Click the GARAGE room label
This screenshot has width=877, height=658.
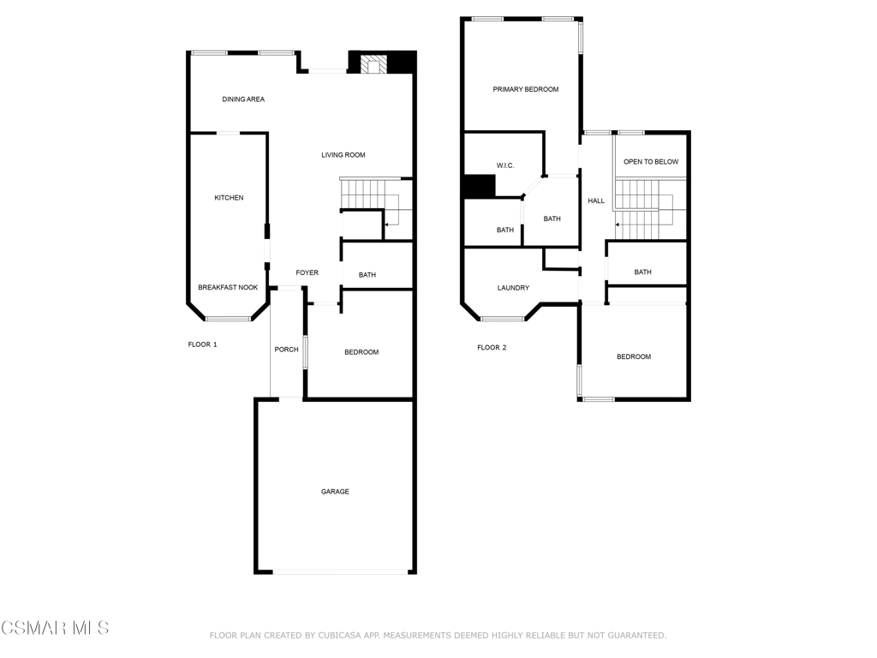(335, 492)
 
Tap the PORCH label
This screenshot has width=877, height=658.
(286, 350)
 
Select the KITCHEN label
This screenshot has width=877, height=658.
(229, 198)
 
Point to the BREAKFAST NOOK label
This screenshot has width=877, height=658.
(228, 288)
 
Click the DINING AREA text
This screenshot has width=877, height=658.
(243, 99)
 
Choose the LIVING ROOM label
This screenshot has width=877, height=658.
(343, 155)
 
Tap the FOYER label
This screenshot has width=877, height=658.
(307, 273)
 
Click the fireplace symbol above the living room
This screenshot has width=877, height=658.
(373, 64)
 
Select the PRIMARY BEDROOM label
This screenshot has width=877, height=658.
(525, 89)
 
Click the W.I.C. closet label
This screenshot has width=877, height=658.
(505, 165)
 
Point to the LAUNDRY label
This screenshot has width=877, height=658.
(513, 288)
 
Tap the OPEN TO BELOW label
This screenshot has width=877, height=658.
(651, 162)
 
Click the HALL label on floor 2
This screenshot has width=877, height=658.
(596, 201)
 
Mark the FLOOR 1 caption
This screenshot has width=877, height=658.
(203, 344)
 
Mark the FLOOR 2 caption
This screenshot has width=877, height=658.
(492, 347)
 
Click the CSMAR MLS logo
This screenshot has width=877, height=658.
(55, 628)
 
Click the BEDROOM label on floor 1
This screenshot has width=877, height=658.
(361, 352)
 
